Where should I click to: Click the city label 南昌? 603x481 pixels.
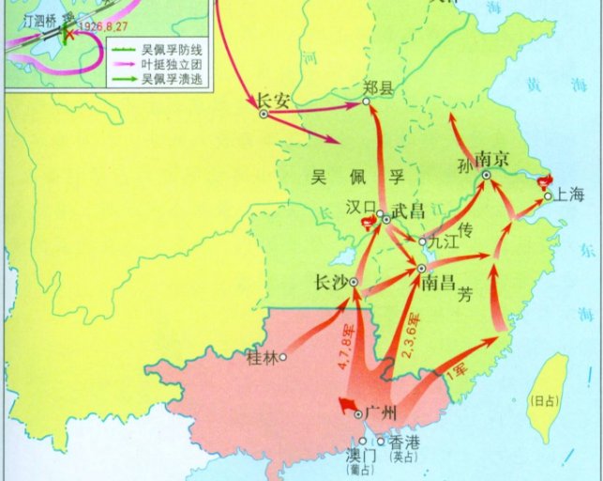pyautogui.click(x=440, y=281)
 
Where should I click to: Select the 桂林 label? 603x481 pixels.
pyautogui.click(x=262, y=357)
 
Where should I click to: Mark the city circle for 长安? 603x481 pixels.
pyautogui.click(x=264, y=114)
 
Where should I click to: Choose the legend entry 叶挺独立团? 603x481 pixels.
pyautogui.click(x=172, y=65)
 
